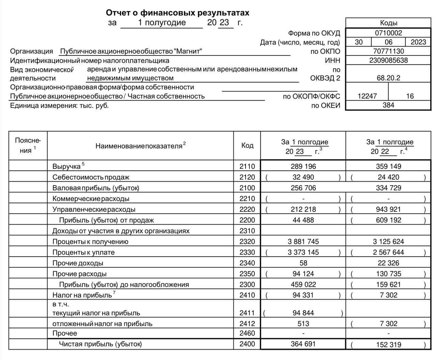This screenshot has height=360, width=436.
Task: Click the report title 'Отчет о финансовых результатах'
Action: click(177, 13)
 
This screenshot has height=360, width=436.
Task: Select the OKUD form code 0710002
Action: click(388, 33)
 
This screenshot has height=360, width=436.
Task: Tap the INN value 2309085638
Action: click(388, 61)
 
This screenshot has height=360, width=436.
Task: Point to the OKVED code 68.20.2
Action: click(388, 78)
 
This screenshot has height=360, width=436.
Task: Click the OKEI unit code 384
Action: click(388, 105)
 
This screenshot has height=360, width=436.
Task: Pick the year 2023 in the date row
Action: click(418, 42)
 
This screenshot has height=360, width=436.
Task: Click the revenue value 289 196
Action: click(303, 166)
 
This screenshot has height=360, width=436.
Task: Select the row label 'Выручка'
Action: click(66, 167)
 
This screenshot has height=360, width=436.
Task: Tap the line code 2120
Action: click(247, 177)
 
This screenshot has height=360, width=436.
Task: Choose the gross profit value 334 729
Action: click(388, 188)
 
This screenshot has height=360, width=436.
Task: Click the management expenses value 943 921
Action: click(388, 209)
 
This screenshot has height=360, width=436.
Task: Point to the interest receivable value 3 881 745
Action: click(303, 242)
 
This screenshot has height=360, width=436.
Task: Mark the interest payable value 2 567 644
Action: click(388, 252)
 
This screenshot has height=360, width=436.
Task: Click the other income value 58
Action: click(303, 263)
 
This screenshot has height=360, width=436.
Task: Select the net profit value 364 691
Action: click(303, 344)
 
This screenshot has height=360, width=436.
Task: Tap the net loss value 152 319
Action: click(388, 344)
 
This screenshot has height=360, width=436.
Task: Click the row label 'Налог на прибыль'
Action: click(82, 295)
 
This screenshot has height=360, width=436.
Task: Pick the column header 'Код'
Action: click(247, 145)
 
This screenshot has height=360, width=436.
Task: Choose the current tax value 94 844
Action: click(303, 313)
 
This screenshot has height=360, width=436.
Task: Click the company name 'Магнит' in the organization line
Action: click(188, 51)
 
